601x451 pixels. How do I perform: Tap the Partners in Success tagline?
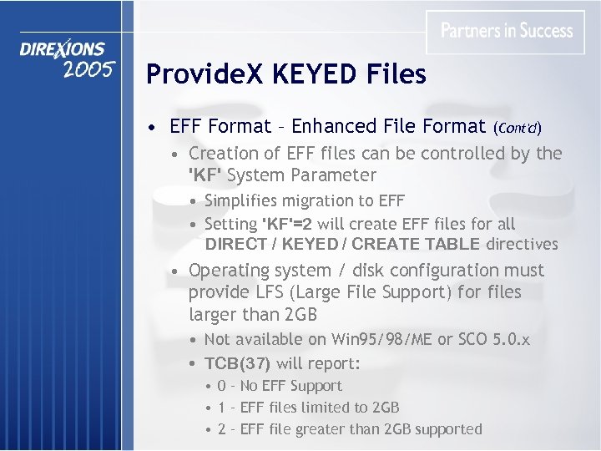507,31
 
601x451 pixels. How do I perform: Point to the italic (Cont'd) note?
517,128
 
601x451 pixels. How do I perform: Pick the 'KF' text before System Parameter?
205,175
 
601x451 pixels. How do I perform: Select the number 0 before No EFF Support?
221,386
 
